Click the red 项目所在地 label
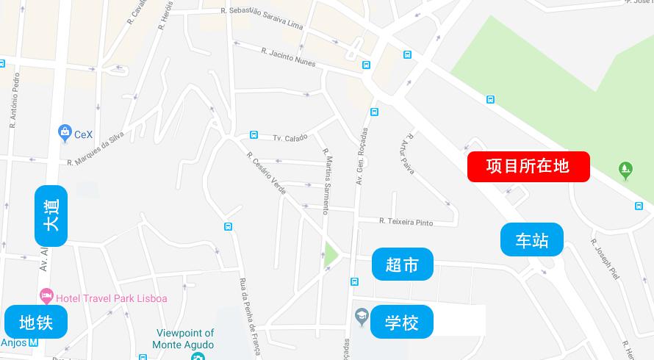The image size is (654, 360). tap(528, 166)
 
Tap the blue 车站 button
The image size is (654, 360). tap(532, 240)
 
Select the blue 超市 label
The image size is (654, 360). tap(402, 264)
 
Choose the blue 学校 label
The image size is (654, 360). tap(402, 322)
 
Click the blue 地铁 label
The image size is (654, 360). tap(36, 322)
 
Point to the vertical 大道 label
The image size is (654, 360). tap(51, 216)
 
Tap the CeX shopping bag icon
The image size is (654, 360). tap(65, 132)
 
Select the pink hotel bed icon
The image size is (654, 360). tap(47, 296)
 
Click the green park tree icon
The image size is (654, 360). tap(625, 170)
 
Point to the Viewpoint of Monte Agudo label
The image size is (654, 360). tap(184, 339)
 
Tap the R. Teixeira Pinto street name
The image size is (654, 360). tap(406, 221)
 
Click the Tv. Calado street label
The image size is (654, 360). tap(289, 137)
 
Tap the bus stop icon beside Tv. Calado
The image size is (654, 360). tap(254, 135)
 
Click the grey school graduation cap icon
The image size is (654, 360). tap(361, 317)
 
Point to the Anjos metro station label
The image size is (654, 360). tap(14, 342)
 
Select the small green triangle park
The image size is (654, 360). tap(330, 255)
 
